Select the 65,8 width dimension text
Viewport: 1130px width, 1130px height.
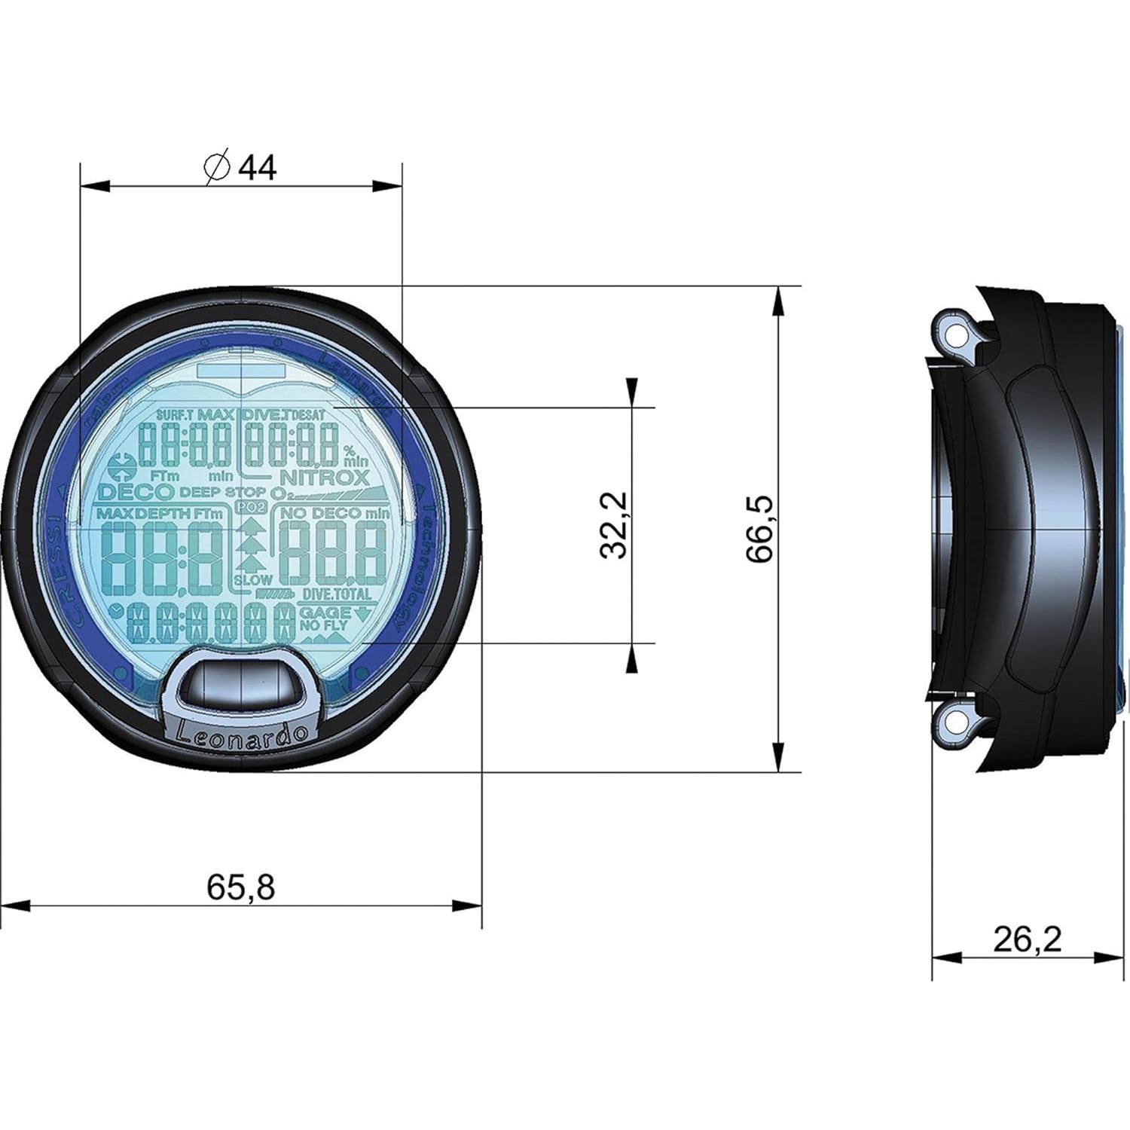coord(241,888)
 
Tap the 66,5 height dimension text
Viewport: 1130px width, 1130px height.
coord(760,529)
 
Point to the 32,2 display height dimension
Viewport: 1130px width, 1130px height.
coord(615,524)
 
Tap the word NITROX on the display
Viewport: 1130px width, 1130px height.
coord(325,477)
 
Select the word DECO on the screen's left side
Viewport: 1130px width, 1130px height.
coord(136,493)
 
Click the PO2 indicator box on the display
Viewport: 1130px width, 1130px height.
coord(246,508)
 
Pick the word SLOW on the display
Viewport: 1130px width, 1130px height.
coord(252,580)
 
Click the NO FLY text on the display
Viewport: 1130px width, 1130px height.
coord(323,626)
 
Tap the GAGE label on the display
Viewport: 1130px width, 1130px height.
coord(325,612)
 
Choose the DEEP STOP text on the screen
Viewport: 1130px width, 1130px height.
coord(222,492)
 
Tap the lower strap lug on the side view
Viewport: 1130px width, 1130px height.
coord(956,724)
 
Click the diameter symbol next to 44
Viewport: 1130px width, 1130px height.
coord(216,166)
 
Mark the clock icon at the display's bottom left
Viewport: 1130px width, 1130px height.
coord(116,611)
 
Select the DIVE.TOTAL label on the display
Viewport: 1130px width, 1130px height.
coord(336,594)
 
